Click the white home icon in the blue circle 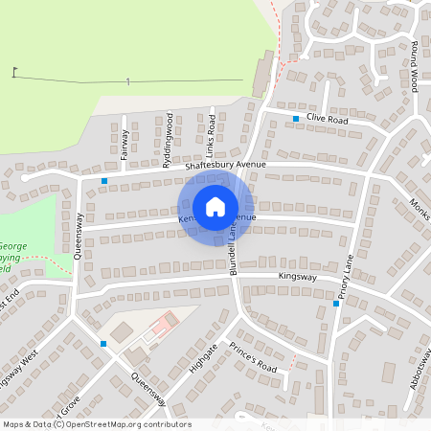(x=215, y=207)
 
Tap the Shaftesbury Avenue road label (x=224, y=165)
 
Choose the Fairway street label (x=125, y=144)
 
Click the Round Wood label (x=415, y=67)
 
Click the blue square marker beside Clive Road (x=296, y=119)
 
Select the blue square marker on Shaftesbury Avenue (x=104, y=180)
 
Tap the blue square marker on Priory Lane (x=336, y=304)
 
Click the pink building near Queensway (x=165, y=325)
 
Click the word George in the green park (x=12, y=246)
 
